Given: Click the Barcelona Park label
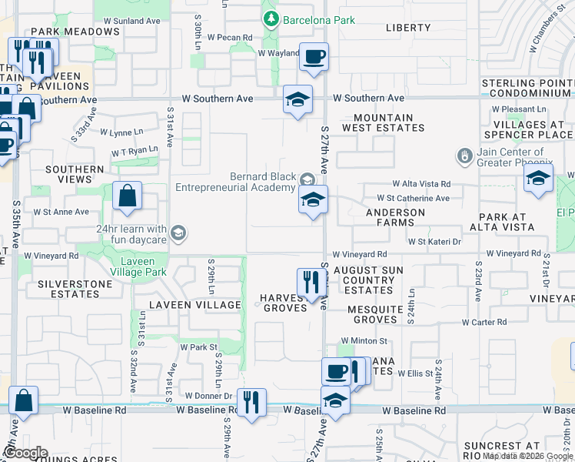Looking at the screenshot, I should pyautogui.click(x=318, y=20).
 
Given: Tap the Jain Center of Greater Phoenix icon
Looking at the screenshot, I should pyautogui.click(x=464, y=156).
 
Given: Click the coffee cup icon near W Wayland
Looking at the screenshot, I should pyautogui.click(x=314, y=57).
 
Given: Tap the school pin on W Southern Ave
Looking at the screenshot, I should pyautogui.click(x=297, y=100).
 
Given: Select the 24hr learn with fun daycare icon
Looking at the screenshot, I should pyautogui.click(x=178, y=233).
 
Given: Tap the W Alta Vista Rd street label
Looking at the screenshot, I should pyautogui.click(x=421, y=184).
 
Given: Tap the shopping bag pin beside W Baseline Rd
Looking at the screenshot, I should pyautogui.click(x=24, y=401).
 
